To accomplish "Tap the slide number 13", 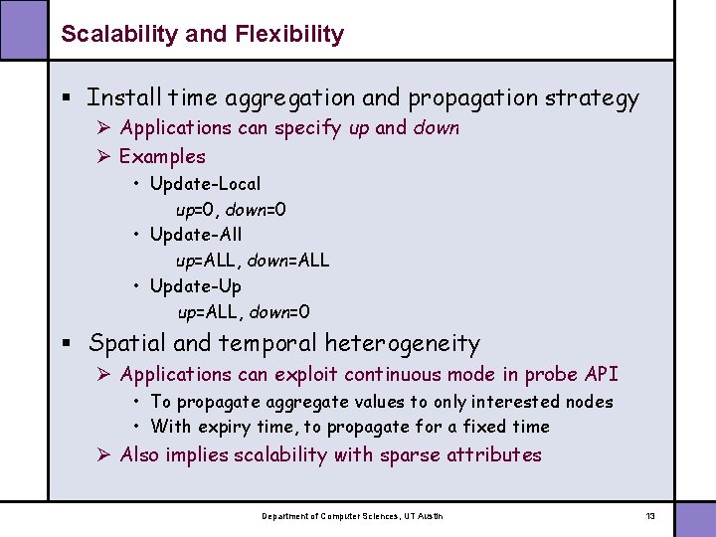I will pyautogui.click(x=650, y=516).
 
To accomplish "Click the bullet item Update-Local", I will pyautogui.click(x=205, y=184).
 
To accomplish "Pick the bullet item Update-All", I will pyautogui.click(x=195, y=236).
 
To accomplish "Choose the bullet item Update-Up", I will pyautogui.click(x=195, y=286).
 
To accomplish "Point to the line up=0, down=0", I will pyautogui.click(x=232, y=210).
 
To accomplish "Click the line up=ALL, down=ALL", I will pyautogui.click(x=253, y=261).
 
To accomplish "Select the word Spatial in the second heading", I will pyautogui.click(x=126, y=344).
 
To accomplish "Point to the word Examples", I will pyautogui.click(x=162, y=156).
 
